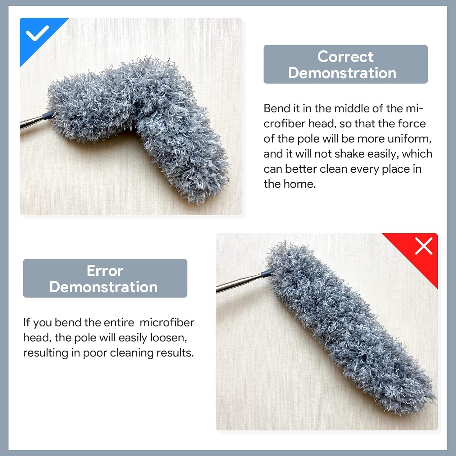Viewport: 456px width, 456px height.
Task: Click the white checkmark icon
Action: point(37,33)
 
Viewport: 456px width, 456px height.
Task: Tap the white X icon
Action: point(423,246)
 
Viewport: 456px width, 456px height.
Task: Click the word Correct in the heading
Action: point(345,57)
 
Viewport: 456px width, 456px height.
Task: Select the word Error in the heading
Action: point(105,271)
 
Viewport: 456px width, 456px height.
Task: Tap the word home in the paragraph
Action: point(300,184)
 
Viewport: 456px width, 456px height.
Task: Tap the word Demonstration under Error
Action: point(103,287)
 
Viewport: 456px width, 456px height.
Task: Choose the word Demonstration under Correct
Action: point(342,73)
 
